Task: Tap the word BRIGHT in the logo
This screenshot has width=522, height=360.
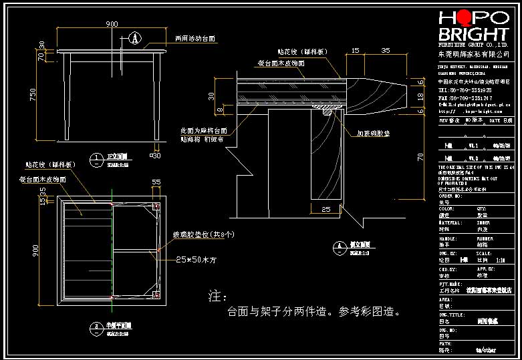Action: [x=473, y=35]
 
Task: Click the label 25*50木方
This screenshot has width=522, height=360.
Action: [x=198, y=258]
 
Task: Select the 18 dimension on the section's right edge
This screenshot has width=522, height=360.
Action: [x=422, y=97]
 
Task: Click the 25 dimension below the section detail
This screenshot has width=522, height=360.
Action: [x=325, y=210]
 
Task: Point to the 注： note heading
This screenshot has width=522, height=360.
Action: [x=219, y=295]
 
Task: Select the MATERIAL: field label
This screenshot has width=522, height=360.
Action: [x=450, y=222]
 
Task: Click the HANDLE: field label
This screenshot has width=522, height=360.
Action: [x=447, y=237]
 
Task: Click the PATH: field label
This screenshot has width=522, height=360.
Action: [x=444, y=343]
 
